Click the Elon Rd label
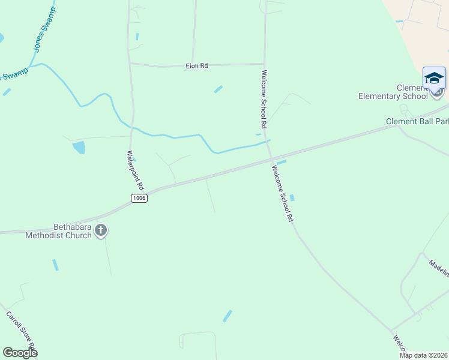point(196,66)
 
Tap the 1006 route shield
point(139,198)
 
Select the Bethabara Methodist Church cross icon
point(101,230)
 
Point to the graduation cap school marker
point(434,78)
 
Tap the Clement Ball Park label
point(417,121)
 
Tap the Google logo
point(20,353)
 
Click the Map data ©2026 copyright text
point(424,355)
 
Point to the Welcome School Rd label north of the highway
point(263,99)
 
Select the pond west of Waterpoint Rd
point(79,147)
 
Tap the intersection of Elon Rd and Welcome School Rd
point(265,63)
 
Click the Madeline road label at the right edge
point(439,268)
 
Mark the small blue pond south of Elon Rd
point(218,89)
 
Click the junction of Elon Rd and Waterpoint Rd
point(130,63)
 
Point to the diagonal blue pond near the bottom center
point(228,316)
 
